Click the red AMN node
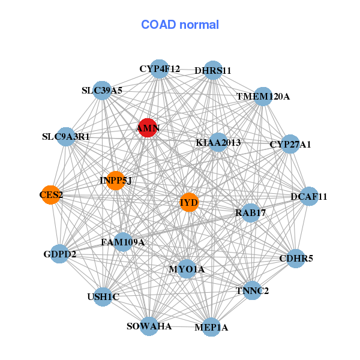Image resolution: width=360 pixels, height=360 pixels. point(148,128)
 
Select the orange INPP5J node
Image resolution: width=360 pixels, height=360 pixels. point(115,180)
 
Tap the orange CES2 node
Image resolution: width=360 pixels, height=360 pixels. point(51,194)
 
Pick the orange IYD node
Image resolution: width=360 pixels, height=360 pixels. point(188,202)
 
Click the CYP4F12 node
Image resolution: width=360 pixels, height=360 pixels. point(159,69)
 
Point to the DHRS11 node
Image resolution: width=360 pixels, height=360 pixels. point(213,70)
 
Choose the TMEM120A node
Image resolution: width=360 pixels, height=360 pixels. point(263,96)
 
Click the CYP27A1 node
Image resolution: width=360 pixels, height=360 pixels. point(290,144)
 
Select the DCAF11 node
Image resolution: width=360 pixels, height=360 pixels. point(309,196)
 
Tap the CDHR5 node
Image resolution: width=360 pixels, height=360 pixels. point(296,259)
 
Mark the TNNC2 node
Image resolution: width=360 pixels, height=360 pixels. point(253,291)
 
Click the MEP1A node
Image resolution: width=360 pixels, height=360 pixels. point(211,327)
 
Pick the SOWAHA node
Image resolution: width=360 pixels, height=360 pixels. point(149,326)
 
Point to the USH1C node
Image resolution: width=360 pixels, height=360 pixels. point(103,296)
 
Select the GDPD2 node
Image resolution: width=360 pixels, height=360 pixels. point(60,254)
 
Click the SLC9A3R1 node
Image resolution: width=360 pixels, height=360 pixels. point(66,137)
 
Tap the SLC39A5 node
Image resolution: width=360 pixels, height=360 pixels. point(102,91)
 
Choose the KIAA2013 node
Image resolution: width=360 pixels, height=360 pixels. point(218,143)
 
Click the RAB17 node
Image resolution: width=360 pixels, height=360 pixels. point(250,212)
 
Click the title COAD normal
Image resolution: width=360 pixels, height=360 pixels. point(180,25)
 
